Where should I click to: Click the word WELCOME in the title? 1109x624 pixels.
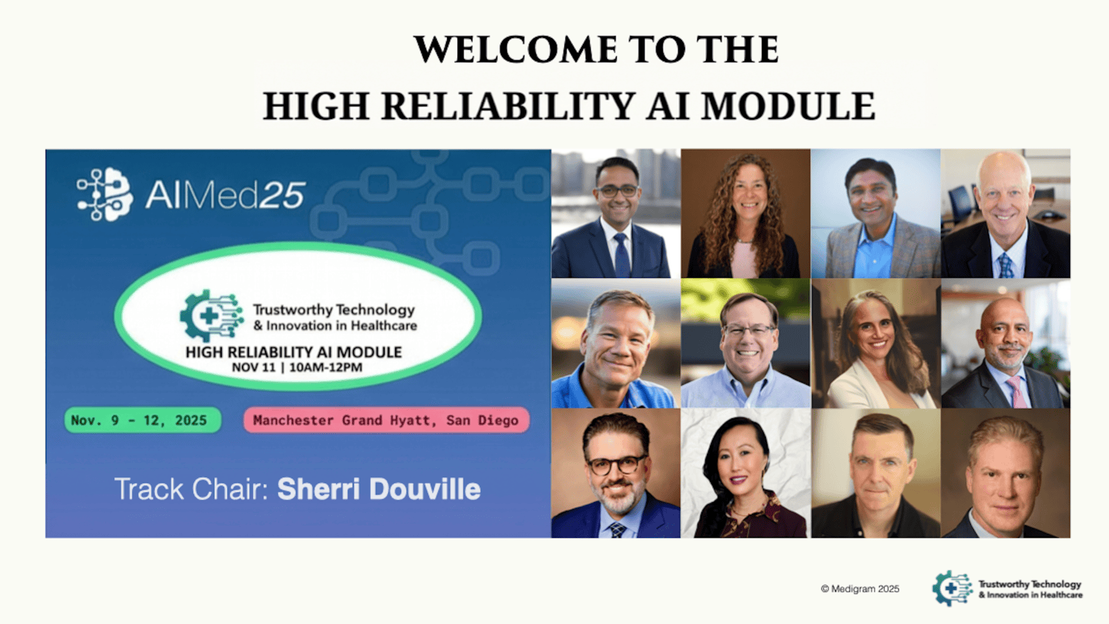tap(516, 49)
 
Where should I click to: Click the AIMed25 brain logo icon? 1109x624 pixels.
tap(105, 194)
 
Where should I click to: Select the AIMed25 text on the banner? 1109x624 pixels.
tap(225, 195)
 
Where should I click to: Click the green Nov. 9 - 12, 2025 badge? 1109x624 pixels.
tap(143, 420)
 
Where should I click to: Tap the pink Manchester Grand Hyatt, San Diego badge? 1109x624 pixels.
tap(386, 420)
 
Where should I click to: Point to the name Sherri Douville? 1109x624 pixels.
tap(378, 489)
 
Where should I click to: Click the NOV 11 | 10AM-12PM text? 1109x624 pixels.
tap(297, 367)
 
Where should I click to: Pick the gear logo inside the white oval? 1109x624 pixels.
tap(211, 316)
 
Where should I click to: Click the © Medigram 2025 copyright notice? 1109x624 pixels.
tap(860, 589)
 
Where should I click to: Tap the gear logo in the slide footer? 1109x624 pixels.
tap(952, 589)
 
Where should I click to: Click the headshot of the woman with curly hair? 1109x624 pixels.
tap(746, 214)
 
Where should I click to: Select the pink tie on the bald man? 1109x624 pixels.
tap(1016, 392)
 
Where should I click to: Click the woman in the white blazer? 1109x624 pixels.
tap(876, 344)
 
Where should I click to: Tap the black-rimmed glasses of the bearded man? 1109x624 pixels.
tap(616, 465)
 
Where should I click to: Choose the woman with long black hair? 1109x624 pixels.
tap(746, 474)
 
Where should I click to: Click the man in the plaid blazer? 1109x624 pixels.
tap(876, 214)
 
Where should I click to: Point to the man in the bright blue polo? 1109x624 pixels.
tap(616, 344)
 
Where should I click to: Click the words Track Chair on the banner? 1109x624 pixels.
tap(191, 489)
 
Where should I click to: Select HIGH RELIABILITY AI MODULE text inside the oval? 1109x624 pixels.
tap(294, 352)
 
